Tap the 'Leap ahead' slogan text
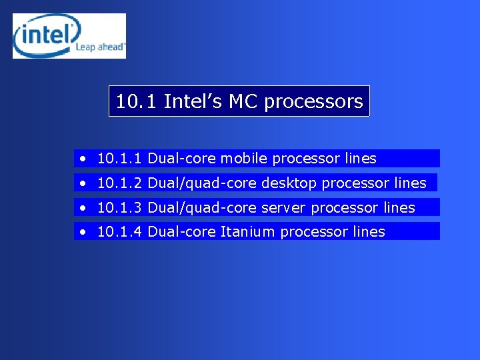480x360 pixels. (x=100, y=47)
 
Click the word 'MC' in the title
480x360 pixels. (x=244, y=101)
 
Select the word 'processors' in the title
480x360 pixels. (x=313, y=101)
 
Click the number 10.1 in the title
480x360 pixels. (x=136, y=101)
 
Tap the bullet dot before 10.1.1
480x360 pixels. (x=81, y=159)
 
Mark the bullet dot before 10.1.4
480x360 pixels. (x=81, y=232)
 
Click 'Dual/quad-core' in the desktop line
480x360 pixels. (x=201, y=183)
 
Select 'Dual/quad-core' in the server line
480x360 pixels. (x=201, y=207)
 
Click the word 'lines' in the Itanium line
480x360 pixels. (x=368, y=231)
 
